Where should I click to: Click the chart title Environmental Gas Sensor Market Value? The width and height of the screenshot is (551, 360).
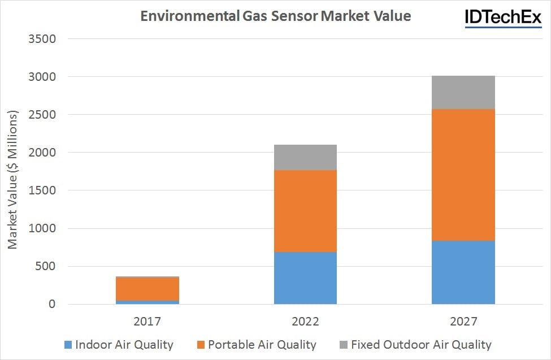[x=275, y=16]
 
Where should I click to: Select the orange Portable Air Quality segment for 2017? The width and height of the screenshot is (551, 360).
[x=147, y=289]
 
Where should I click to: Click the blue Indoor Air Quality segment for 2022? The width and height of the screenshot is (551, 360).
[x=305, y=278]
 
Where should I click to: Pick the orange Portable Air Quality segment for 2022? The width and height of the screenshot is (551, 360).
[x=305, y=211]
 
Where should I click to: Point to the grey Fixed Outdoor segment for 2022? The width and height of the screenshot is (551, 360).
[x=305, y=157]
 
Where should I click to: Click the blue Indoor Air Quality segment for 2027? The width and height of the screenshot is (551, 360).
[x=463, y=272]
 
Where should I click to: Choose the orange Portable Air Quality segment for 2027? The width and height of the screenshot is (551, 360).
[x=463, y=175]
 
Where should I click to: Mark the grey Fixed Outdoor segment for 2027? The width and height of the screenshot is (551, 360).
[x=463, y=92]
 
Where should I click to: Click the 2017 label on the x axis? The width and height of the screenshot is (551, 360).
[x=147, y=322]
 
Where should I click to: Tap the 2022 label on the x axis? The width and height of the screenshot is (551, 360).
[x=305, y=322]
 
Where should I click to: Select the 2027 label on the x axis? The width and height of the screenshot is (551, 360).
[x=463, y=322]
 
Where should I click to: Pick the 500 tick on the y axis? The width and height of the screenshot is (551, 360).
[x=47, y=266]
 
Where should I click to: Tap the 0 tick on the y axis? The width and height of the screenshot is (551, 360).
[x=52, y=305]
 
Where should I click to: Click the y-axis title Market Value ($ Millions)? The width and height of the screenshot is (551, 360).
[x=13, y=179]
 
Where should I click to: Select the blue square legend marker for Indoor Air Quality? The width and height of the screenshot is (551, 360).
[x=68, y=345]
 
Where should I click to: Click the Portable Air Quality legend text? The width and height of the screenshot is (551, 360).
[x=262, y=345]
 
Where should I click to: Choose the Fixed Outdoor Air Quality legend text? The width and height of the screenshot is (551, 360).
[x=421, y=345]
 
